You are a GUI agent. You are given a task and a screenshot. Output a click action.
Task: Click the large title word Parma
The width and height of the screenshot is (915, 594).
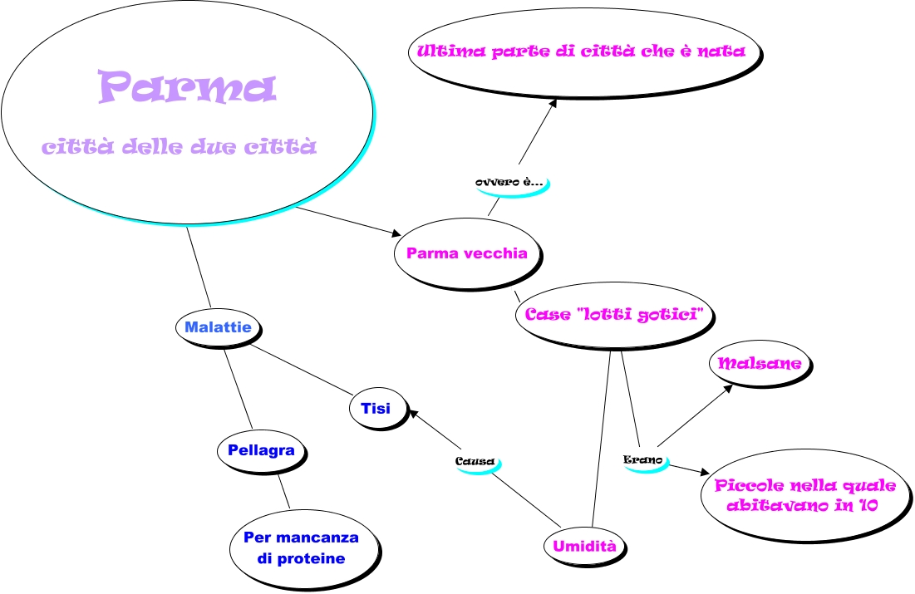coord(186,87)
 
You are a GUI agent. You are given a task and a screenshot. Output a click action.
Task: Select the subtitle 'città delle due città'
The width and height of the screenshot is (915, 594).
coord(180,148)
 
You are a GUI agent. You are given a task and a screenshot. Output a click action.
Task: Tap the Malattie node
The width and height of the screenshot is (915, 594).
coord(218,327)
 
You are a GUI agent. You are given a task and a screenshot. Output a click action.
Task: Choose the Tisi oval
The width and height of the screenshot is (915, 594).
coord(376,408)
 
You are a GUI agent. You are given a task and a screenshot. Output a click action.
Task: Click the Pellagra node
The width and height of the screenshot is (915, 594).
coord(261,451)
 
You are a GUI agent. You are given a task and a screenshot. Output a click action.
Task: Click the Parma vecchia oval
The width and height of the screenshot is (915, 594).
coord(467,253)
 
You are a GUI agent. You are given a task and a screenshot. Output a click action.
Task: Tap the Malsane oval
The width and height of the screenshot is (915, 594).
coord(760,364)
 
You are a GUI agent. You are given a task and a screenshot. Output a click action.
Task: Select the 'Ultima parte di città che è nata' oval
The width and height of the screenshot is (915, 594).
coord(587,51)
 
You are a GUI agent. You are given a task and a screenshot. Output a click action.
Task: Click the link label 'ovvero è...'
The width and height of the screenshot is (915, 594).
coord(509,181)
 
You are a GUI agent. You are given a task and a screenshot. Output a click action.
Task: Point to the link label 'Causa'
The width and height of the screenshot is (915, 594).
coord(475,461)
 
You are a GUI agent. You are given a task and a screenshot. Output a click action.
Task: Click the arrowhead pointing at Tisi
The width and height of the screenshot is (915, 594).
coord(417,413)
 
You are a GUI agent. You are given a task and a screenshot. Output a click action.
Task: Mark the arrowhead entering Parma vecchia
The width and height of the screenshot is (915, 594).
coord(396,233)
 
